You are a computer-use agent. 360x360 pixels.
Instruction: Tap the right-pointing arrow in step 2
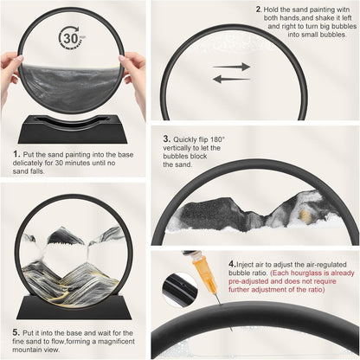pos(231,67)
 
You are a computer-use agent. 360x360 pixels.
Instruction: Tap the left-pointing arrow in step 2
pos(231,79)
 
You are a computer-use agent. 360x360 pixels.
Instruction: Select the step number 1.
pos(16,154)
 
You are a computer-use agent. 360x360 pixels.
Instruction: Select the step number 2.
pos(259,10)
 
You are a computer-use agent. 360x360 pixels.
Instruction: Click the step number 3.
pos(167,138)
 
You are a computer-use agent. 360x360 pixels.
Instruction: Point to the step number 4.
pos(233,264)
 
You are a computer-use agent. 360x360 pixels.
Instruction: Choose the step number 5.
pos(16,332)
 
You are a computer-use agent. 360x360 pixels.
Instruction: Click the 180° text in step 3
pos(217,139)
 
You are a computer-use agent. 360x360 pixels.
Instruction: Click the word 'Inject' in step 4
pos(245,265)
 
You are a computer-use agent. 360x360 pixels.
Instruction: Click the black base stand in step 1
pos(73,129)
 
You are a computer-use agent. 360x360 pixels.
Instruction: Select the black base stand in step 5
pos(74,306)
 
